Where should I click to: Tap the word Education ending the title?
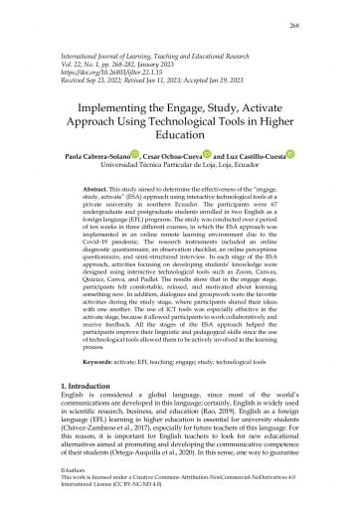[180, 149]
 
